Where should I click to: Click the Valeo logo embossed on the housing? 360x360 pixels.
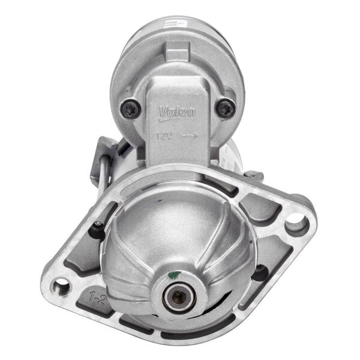click(x=176, y=111)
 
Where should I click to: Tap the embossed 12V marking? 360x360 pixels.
click(x=164, y=136)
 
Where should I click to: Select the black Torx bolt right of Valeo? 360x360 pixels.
click(x=225, y=109)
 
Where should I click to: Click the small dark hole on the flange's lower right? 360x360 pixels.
click(x=259, y=273)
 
